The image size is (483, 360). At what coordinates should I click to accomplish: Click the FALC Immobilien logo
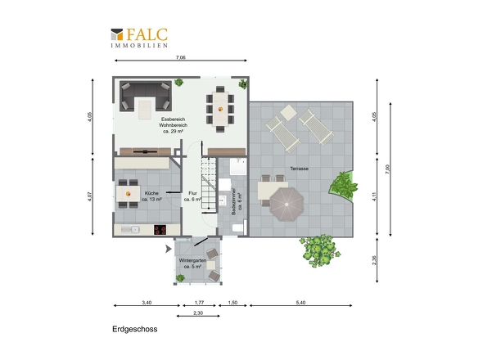(139, 38)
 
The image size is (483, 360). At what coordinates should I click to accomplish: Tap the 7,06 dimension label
(181, 57)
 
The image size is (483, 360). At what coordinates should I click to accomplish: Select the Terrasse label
(300, 169)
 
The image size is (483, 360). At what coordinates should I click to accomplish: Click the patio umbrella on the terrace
(287, 205)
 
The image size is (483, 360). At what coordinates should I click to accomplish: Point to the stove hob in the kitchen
(160, 230)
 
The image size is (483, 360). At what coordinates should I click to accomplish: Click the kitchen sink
(131, 230)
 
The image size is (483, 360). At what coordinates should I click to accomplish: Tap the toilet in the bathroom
(238, 228)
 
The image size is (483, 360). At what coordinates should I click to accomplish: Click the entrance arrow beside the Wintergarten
(168, 249)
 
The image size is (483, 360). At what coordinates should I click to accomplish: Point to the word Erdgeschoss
(135, 329)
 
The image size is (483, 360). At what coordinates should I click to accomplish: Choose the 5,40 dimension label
(300, 303)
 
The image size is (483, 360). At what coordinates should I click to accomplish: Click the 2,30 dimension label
(198, 313)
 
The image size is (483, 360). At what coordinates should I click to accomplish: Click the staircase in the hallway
(209, 185)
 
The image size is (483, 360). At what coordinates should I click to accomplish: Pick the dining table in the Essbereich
(220, 109)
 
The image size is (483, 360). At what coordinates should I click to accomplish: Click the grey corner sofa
(146, 96)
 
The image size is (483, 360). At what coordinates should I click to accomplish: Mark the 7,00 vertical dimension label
(388, 169)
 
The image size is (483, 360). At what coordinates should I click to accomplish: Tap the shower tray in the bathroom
(238, 167)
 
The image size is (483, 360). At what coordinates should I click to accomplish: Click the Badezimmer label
(237, 201)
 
